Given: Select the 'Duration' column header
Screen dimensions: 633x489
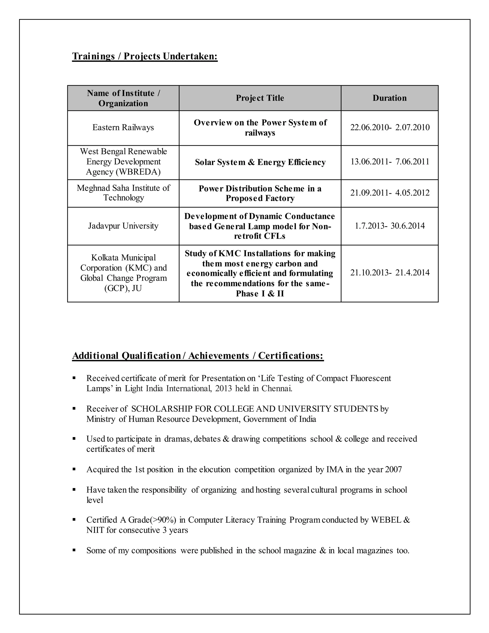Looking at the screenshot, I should click(x=389, y=98).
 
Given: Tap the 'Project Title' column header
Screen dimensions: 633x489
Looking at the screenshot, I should click(x=260, y=98).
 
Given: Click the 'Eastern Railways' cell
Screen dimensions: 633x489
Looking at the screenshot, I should click(x=123, y=128).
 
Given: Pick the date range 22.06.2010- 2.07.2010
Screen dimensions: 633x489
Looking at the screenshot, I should click(x=390, y=128).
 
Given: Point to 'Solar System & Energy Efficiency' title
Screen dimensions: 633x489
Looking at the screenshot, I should click(x=260, y=162).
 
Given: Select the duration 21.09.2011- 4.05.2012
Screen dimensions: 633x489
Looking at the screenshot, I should click(x=390, y=193).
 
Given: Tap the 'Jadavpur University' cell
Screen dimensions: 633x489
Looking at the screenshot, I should click(x=123, y=226).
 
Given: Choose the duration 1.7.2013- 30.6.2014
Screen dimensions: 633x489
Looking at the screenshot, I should click(x=390, y=226).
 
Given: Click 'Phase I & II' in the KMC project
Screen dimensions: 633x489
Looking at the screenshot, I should click(x=260, y=294).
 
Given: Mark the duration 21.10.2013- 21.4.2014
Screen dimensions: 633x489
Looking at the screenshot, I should click(x=390, y=273).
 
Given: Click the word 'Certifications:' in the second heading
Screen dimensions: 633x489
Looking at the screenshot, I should click(x=291, y=356).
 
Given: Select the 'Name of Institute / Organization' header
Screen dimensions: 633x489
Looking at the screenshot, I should click(x=123, y=98).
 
